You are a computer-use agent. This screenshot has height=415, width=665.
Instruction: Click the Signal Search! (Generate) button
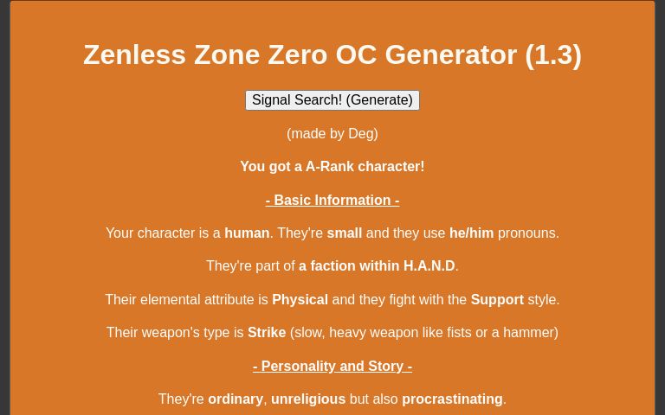coord(332,100)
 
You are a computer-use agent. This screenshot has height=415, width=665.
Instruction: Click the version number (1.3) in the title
coord(553,54)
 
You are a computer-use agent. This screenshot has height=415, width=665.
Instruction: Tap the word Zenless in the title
coord(134,54)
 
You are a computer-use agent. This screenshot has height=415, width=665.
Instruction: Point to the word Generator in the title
coord(450,54)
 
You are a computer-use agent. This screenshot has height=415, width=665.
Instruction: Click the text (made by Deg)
coord(332,134)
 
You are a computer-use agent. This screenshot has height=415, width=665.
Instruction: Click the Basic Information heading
coord(332,201)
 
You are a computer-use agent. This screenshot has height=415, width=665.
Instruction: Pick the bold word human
coord(247,233)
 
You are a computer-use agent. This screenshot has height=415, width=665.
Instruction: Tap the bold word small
coord(344,233)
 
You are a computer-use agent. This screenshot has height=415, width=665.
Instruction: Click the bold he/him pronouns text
coord(471,233)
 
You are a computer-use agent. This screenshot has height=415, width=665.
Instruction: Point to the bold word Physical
coord(300,300)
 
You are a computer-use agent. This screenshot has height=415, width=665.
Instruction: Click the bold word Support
coord(497,300)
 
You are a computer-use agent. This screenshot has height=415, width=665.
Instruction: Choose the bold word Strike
coord(267,333)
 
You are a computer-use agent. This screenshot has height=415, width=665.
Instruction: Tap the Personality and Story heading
coord(332,367)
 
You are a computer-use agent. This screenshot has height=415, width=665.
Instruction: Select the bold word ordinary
coord(236,399)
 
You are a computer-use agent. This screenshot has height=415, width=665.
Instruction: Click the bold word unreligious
coord(308,399)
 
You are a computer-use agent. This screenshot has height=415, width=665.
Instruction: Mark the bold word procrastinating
coord(452,399)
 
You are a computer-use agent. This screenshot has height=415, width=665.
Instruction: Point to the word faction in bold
coord(335,266)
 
